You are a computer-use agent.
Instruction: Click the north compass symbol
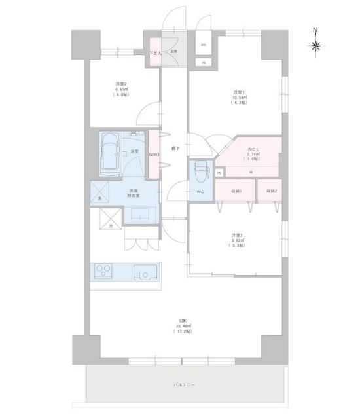click(x=315, y=45)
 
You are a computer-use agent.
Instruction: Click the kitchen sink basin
click(x=142, y=270)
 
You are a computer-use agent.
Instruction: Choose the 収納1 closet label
click(x=236, y=191)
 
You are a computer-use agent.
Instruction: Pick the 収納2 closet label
click(x=271, y=191)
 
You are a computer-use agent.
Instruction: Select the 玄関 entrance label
click(x=174, y=51)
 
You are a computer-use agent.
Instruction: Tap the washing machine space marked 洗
click(x=100, y=198)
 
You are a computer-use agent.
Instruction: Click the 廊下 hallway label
click(x=175, y=148)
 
